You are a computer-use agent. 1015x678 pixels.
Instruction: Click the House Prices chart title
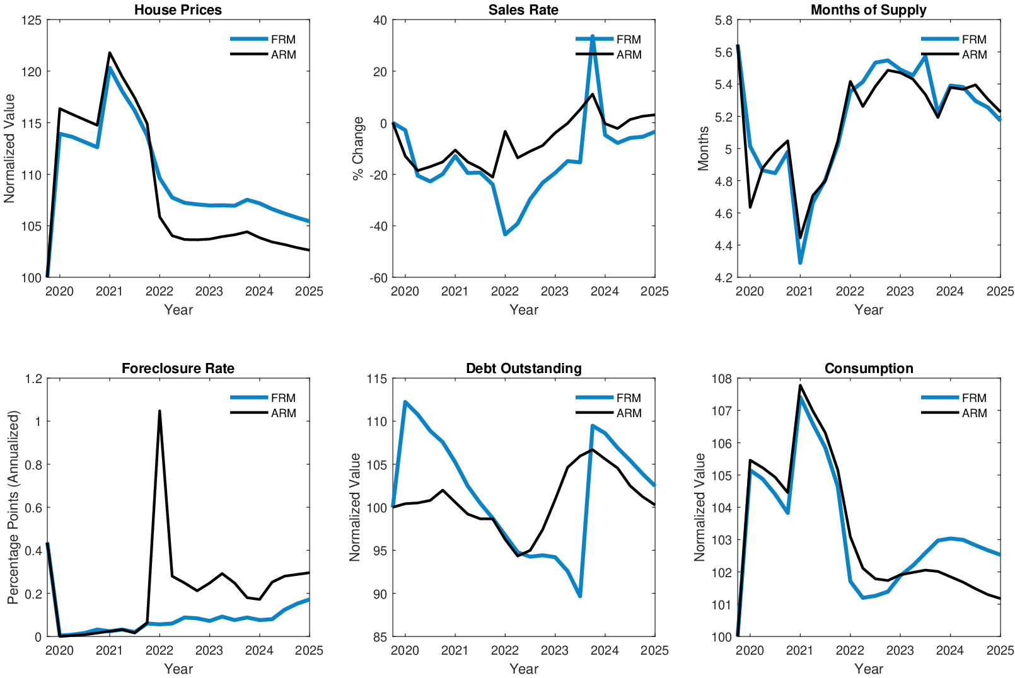[178, 9]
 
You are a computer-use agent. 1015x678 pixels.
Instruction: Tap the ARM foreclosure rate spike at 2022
[159, 411]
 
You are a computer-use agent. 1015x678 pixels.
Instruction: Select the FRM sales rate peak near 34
[592, 37]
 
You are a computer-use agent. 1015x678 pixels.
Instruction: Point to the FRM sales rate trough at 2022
[505, 234]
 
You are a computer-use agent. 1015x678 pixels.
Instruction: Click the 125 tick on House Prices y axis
[32, 20]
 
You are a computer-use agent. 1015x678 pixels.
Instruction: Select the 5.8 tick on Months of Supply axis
[724, 20]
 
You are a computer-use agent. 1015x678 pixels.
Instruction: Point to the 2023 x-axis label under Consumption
[900, 650]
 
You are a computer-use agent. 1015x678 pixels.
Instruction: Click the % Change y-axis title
[358, 149]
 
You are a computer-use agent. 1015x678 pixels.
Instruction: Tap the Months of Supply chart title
[868, 9]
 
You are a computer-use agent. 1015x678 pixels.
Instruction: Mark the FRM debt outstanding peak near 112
[405, 402]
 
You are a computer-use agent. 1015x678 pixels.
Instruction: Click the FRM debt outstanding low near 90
[579, 596]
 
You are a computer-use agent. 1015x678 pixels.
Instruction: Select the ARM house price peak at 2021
[110, 53]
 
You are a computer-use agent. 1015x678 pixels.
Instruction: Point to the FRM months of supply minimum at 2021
[800, 262]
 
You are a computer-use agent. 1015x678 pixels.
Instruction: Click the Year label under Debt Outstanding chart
[523, 669]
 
